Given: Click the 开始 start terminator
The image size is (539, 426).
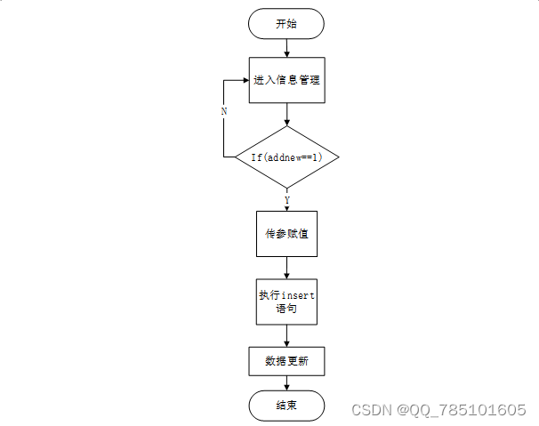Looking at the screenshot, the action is point(286,25).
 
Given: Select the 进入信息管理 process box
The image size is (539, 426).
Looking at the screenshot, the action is point(286,80).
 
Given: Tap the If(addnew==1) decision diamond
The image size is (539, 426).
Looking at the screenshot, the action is point(286,157).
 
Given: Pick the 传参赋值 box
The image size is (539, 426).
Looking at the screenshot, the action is point(286,234).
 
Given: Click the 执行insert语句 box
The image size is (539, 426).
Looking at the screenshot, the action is point(286,302).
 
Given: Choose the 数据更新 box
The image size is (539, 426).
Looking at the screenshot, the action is point(286,361).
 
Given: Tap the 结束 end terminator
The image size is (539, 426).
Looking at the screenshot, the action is point(286,406).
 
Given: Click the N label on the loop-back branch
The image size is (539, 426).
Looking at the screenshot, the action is point(223,112).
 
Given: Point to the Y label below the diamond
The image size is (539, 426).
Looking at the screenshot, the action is point(286,199).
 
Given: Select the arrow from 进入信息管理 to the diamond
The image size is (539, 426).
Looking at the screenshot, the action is point(286,114).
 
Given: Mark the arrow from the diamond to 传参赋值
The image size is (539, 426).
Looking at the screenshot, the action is point(286,201).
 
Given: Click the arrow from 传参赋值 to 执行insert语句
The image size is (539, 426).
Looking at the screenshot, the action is point(286,268).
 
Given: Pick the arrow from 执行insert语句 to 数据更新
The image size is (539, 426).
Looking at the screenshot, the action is point(286,335).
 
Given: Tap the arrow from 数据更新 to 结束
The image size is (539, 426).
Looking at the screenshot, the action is point(286,383).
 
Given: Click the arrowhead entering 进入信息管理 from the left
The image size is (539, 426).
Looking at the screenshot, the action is point(245,80).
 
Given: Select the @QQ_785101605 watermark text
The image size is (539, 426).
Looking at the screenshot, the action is point(462,410).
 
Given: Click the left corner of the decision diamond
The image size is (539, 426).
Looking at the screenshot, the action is point(236,157).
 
